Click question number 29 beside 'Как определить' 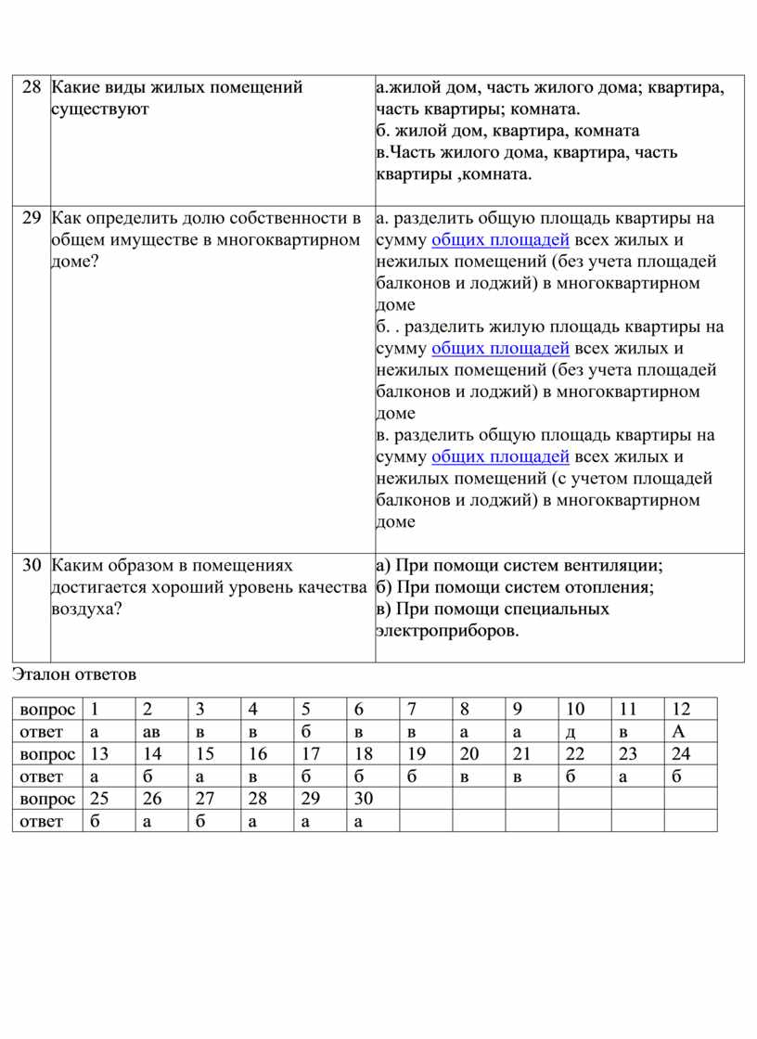[x=31, y=219]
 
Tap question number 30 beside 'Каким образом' [x=31, y=565]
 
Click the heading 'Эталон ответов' [x=74, y=674]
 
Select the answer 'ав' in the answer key [x=151, y=732]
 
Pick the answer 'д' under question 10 [x=571, y=732]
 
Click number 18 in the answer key [x=363, y=753]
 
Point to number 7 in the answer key [x=411, y=710]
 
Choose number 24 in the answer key [x=681, y=753]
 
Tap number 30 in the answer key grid [x=363, y=798]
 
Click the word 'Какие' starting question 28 [x=73, y=88]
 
